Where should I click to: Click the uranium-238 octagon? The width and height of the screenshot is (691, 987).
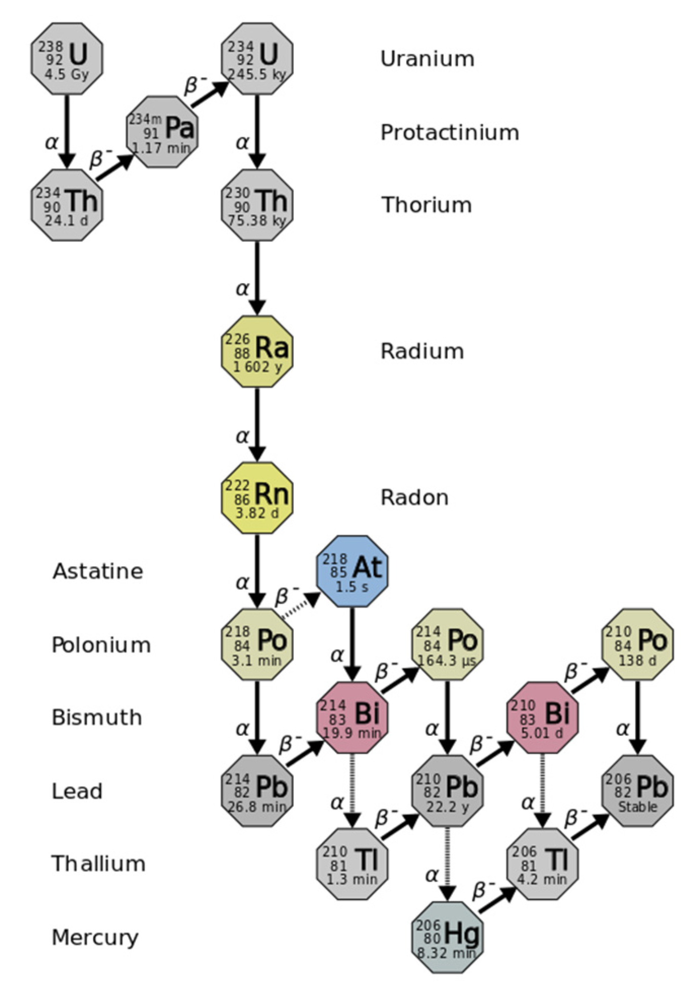pos(67,59)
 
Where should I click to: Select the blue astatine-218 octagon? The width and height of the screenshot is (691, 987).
pos(352,572)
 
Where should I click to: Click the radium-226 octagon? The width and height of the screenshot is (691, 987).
pos(257,351)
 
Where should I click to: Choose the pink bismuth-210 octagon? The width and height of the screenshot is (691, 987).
pos(543,718)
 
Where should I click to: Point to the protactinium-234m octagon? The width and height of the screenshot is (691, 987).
pos(162,132)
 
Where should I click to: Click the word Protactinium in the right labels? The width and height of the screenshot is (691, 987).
pos(449,133)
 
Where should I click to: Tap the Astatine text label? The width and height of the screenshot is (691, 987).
pos(98,572)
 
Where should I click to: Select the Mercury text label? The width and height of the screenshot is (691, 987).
pos(95,938)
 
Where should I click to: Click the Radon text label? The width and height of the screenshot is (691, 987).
pos(414,498)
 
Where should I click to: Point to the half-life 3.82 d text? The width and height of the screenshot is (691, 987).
pos(257,513)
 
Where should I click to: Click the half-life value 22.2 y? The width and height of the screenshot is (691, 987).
pos(448,806)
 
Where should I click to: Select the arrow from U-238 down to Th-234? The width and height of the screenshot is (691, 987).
pos(67,131)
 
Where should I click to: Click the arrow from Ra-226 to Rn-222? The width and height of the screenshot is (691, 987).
pos(257,424)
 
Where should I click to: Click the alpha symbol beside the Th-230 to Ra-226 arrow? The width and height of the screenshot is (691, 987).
pos(243,289)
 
